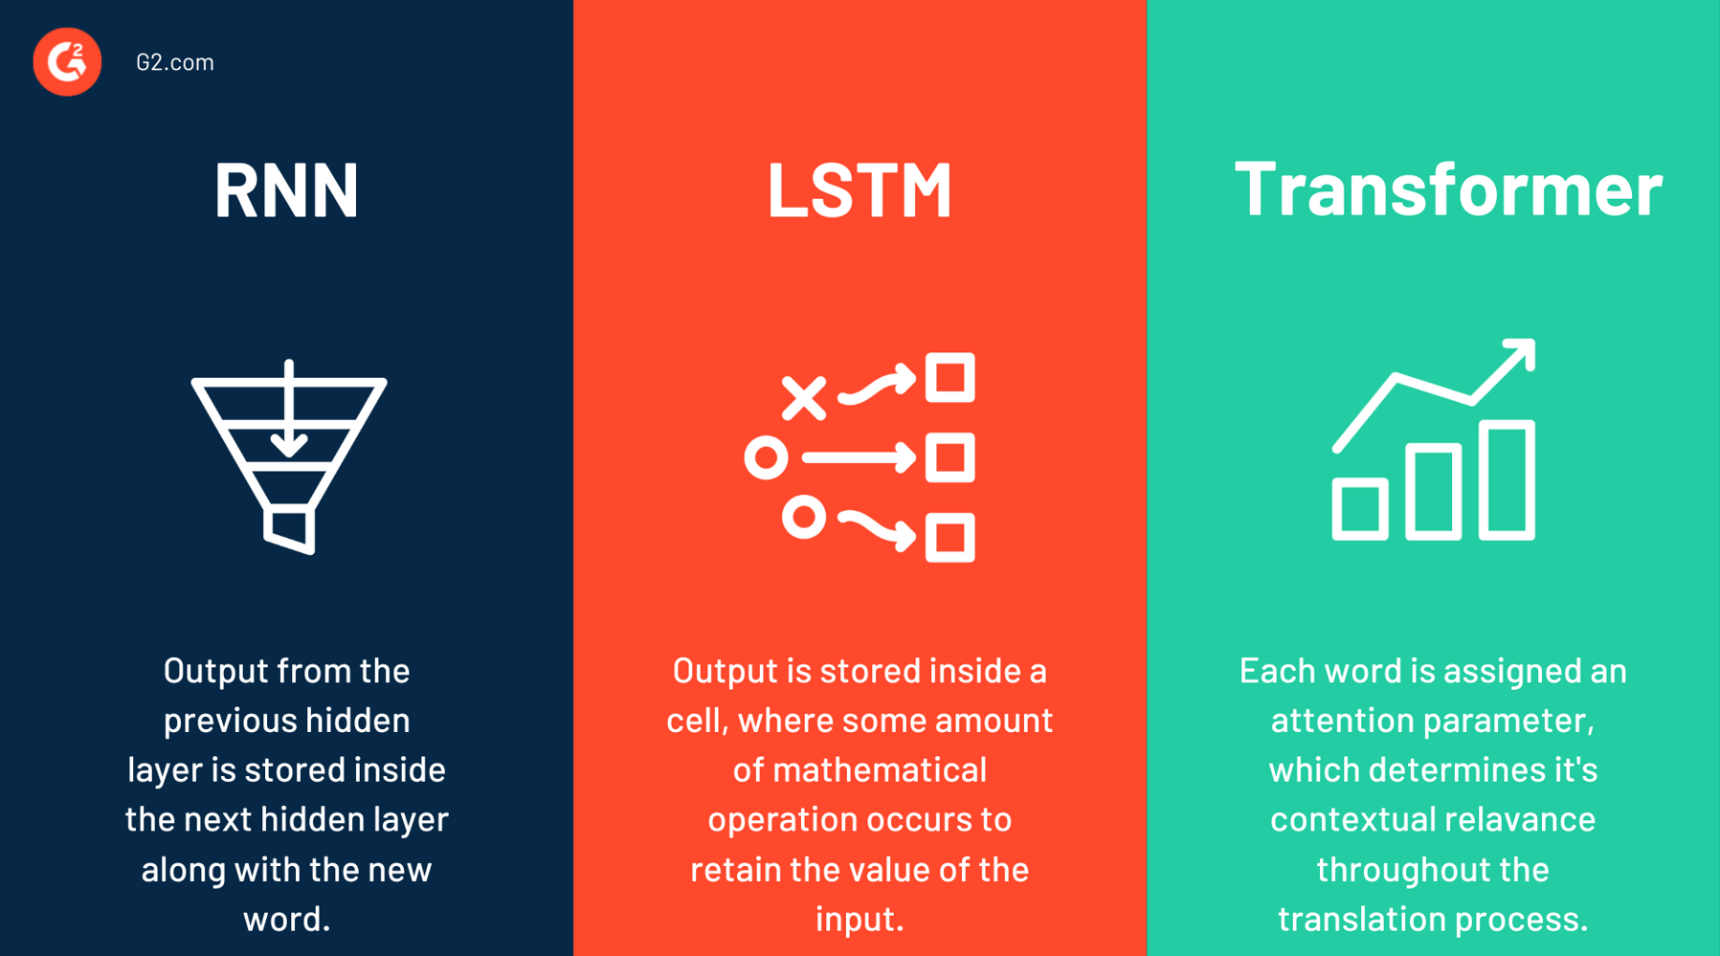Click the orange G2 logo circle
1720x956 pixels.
pyautogui.click(x=67, y=62)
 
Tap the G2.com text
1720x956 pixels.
pyautogui.click(x=175, y=62)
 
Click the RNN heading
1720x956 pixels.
pyautogui.click(x=286, y=189)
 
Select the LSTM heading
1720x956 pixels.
pyautogui.click(x=860, y=189)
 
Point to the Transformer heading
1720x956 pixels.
pyautogui.click(x=1448, y=188)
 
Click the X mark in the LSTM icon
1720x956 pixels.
pyautogui.click(x=803, y=398)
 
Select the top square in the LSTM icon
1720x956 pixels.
pyautogui.click(x=949, y=377)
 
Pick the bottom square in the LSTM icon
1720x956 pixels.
pyautogui.click(x=949, y=537)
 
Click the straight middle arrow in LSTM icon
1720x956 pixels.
pyautogui.click(x=858, y=458)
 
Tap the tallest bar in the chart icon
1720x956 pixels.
pyautogui.click(x=1507, y=480)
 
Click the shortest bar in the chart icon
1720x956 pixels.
pyautogui.click(x=1360, y=509)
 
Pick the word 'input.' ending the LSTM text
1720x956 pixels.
pyautogui.click(x=860, y=919)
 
